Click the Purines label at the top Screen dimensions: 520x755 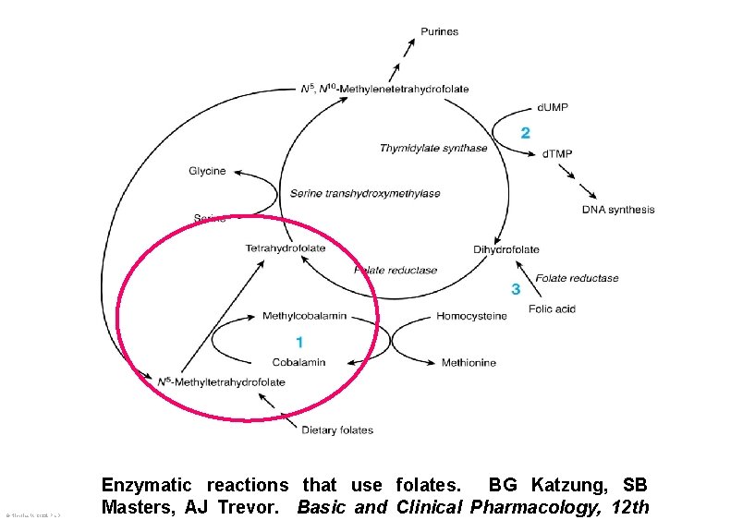[439, 32]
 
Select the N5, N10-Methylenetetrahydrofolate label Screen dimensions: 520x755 [385, 89]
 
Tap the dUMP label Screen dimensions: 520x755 [553, 108]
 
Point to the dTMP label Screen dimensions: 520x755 [555, 152]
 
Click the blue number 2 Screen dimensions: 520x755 [525, 133]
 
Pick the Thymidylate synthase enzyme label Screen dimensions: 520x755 [433, 149]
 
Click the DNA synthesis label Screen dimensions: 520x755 [617, 210]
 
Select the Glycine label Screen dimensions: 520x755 [207, 172]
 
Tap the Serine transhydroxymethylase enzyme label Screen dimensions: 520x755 [365, 194]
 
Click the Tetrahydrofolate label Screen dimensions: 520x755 [286, 248]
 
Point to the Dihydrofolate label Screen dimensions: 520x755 [505, 249]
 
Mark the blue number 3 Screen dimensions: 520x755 [516, 290]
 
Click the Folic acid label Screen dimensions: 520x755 [552, 308]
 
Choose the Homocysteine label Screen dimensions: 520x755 [471, 317]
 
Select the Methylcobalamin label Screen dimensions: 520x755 [304, 316]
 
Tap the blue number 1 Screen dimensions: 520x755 [299, 342]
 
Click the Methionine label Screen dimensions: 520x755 [469, 363]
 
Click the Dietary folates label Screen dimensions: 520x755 [337, 429]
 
